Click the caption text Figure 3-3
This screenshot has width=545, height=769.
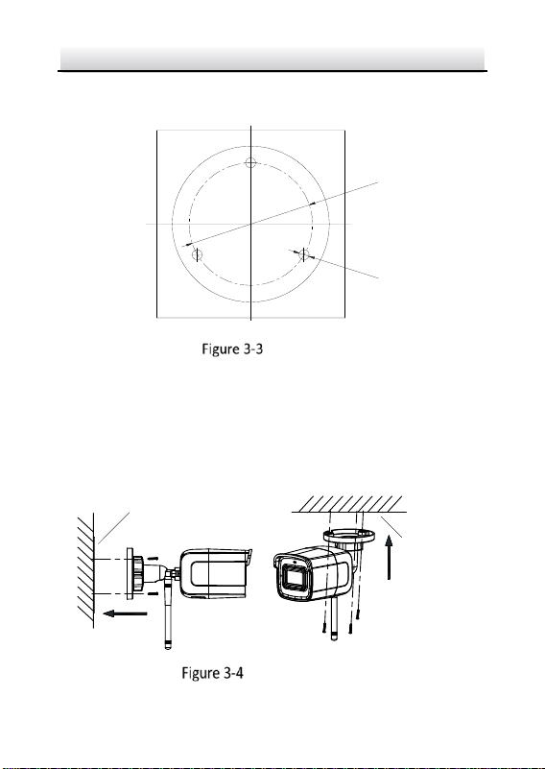click(x=232, y=348)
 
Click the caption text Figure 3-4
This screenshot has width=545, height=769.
click(x=212, y=672)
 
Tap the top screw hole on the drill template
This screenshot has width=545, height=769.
click(x=251, y=162)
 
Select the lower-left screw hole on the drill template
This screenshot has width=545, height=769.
click(x=197, y=254)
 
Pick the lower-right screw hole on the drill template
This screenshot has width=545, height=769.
click(x=304, y=254)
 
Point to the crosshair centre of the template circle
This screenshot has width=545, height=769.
click(x=251, y=224)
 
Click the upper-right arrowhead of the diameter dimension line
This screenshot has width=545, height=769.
click(x=315, y=203)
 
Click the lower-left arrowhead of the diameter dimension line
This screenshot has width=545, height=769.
click(x=187, y=244)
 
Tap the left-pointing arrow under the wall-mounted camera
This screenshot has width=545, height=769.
click(x=125, y=613)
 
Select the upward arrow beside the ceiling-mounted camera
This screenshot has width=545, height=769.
click(x=389, y=557)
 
